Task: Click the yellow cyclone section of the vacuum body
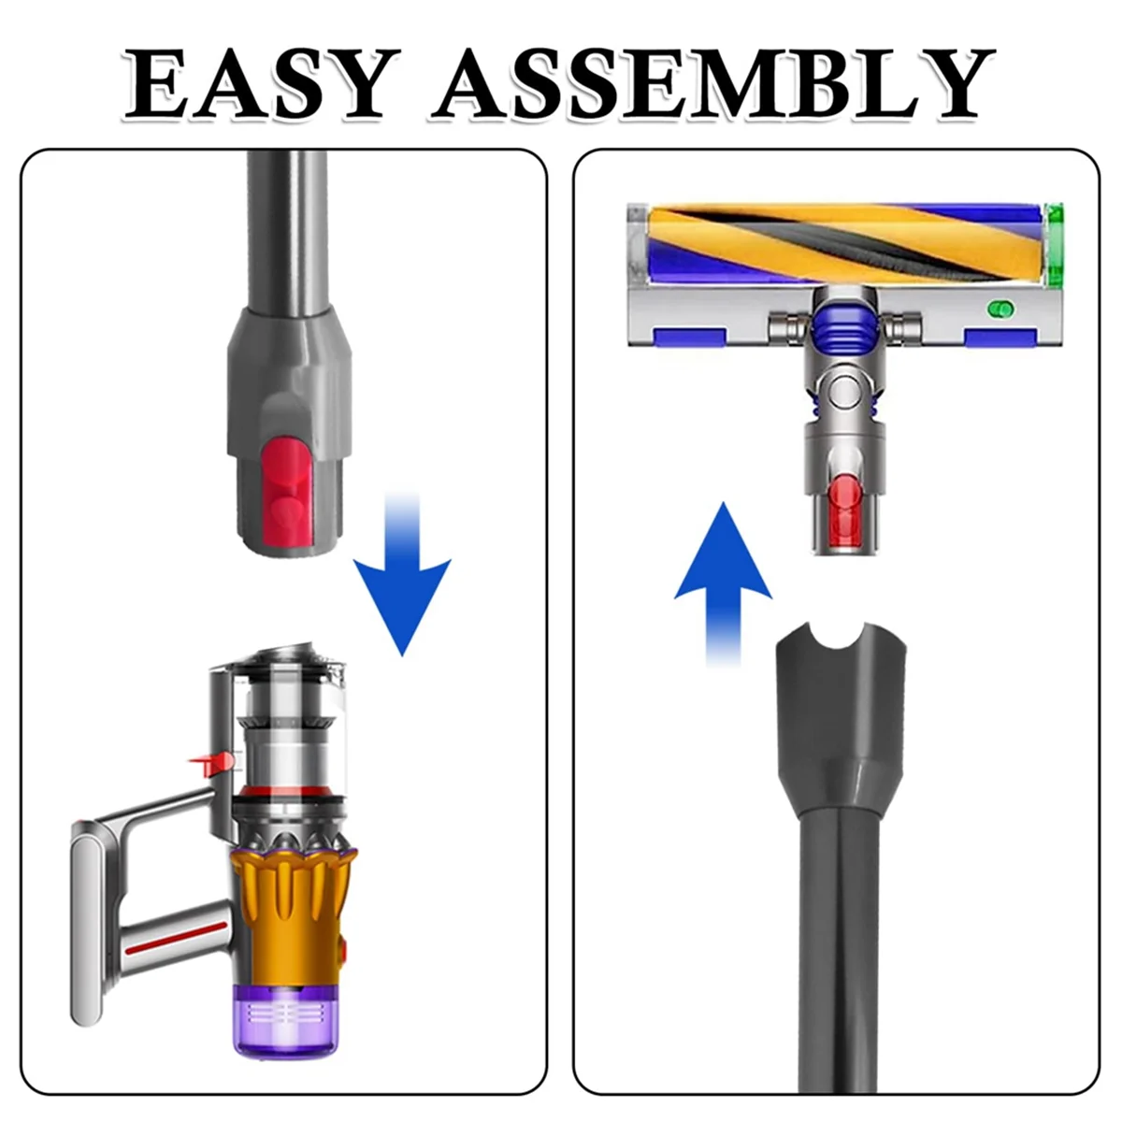(x=290, y=898)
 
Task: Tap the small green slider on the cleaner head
(x=1001, y=308)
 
